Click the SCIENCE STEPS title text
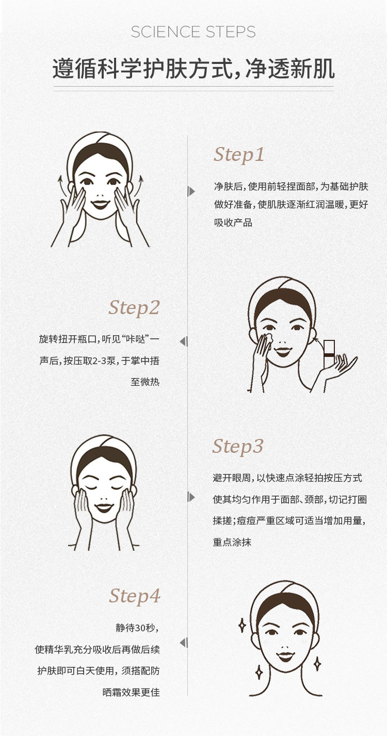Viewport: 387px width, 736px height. click(193, 32)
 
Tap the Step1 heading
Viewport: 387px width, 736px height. click(239, 154)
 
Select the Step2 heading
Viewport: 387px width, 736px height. click(134, 308)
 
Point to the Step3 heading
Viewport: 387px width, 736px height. click(238, 446)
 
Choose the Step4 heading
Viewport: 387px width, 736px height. click(135, 596)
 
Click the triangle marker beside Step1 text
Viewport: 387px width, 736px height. click(191, 191)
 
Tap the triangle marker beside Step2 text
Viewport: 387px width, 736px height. click(184, 342)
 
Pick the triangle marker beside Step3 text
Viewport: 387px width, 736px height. click(191, 497)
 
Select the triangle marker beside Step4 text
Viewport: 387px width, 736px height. click(184, 643)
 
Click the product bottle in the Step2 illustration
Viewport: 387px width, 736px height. click(329, 354)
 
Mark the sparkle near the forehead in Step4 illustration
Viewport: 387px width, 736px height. click(243, 626)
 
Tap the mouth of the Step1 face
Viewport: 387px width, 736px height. click(100, 204)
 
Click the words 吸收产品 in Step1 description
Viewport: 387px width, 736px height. click(233, 223)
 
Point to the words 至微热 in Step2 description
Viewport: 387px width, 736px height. click(145, 382)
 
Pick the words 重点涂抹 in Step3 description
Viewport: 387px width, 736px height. click(232, 542)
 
